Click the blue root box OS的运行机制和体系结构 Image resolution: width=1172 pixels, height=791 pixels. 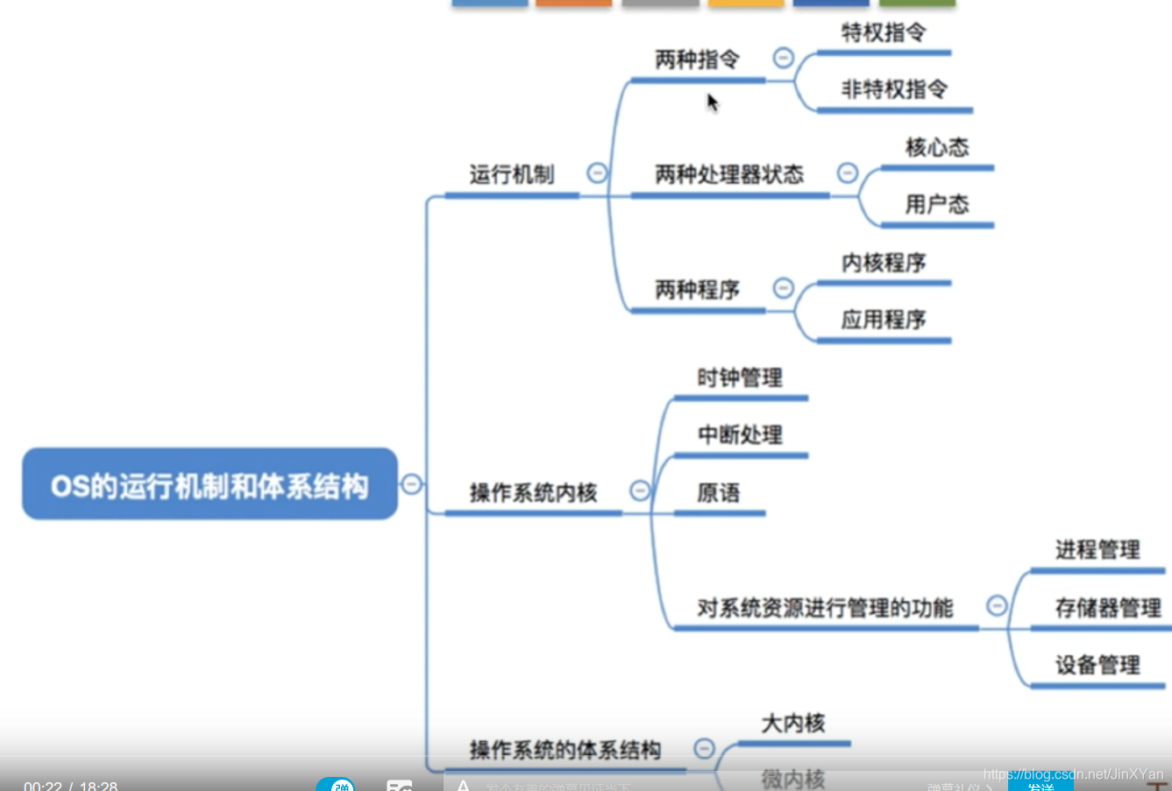tap(210, 484)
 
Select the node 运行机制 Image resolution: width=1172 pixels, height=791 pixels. tap(512, 175)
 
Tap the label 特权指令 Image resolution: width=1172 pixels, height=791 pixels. tap(883, 33)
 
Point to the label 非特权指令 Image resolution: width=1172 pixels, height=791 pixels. tap(894, 89)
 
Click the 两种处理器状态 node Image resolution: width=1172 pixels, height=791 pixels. tap(729, 175)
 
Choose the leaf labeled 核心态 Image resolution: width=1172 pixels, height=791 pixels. tap(937, 147)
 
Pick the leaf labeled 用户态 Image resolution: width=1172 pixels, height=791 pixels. tap(937, 205)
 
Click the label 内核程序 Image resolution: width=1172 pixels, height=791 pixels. tap(884, 263)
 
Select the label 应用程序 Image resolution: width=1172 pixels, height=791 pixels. tap(884, 320)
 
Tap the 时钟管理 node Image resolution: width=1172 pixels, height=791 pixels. tap(740, 378)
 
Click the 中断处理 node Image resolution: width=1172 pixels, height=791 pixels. tap(740, 435)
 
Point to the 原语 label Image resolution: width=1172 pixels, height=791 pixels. tap(719, 493)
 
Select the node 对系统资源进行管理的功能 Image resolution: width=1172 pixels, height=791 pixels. tap(825, 608)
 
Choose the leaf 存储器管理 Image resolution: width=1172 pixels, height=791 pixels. tap(1108, 608)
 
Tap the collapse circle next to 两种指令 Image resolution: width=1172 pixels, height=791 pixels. tap(784, 58)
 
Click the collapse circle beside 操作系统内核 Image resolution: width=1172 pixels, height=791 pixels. tap(641, 491)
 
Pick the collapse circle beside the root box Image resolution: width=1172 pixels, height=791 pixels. tap(411, 484)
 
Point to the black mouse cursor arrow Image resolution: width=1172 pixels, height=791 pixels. tap(712, 102)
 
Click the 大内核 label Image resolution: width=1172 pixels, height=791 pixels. tap(793, 724)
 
